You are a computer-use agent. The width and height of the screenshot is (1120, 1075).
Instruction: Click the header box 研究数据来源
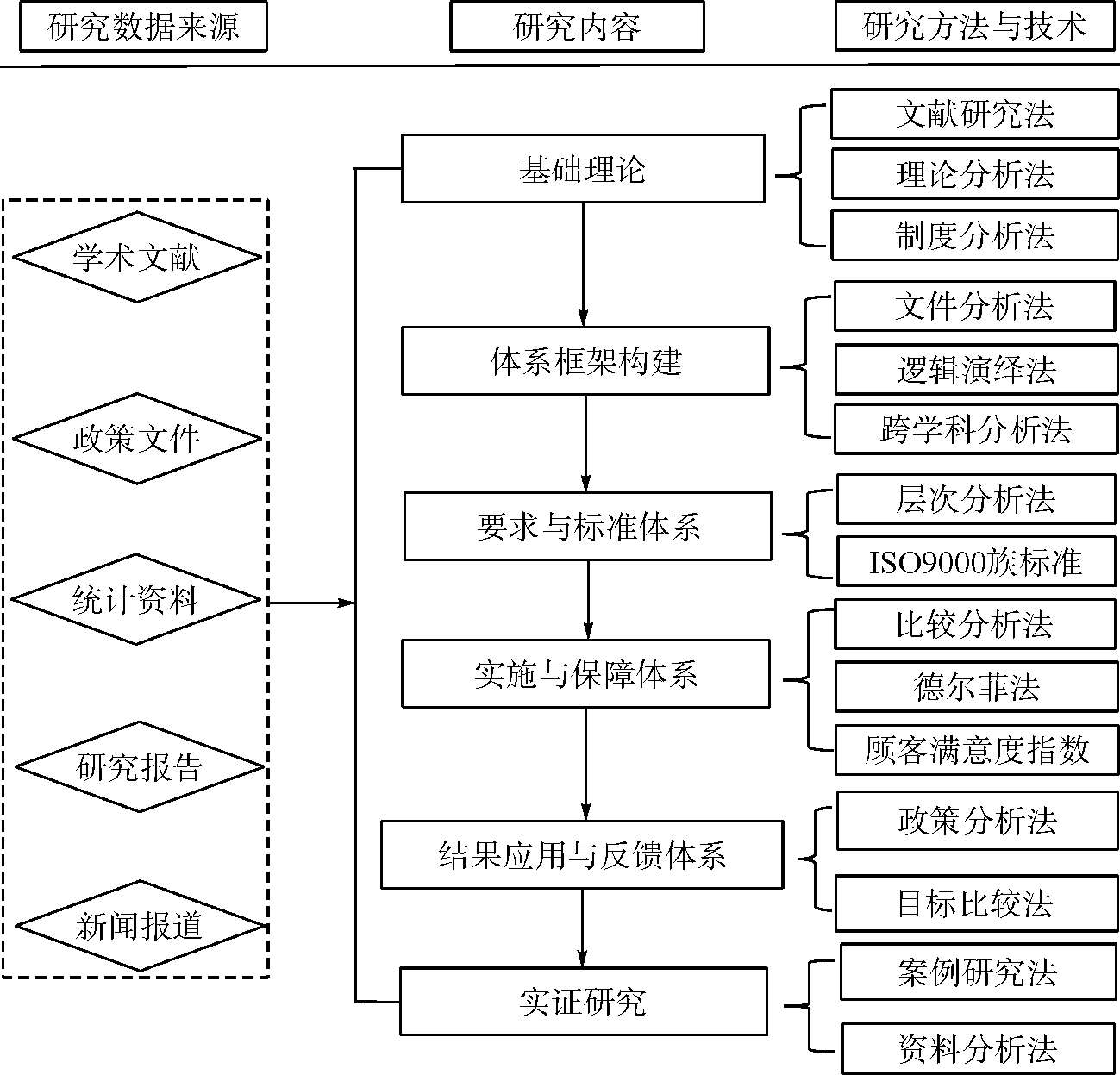(x=143, y=27)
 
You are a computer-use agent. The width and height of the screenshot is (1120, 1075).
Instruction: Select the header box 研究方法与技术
(x=975, y=27)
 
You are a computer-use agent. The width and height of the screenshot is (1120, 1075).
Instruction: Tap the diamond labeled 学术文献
(x=137, y=257)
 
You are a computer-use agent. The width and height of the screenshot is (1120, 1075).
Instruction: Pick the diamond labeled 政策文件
(x=137, y=439)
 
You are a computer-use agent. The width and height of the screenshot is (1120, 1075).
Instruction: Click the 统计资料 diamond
(x=136, y=599)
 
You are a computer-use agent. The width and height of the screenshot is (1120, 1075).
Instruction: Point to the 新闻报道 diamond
(x=140, y=926)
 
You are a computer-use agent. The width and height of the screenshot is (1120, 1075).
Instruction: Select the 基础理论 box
(x=583, y=169)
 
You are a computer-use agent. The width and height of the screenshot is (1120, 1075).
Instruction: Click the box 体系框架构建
(x=585, y=361)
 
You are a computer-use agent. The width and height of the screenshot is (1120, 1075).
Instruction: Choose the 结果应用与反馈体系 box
(x=582, y=854)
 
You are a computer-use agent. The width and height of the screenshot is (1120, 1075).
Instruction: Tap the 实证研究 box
(x=584, y=1002)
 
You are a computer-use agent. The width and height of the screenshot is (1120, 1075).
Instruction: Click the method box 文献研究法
(x=975, y=114)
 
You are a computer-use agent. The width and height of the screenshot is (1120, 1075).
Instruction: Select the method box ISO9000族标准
(x=976, y=562)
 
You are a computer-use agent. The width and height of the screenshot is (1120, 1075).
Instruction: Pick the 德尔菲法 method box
(x=976, y=686)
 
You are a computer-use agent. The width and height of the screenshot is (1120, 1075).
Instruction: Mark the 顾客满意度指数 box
(x=976, y=750)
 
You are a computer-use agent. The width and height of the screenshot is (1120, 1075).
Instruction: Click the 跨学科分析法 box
(x=976, y=428)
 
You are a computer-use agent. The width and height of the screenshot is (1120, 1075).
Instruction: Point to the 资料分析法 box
(x=978, y=1048)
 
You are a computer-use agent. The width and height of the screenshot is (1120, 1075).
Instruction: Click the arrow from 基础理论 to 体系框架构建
(x=583, y=265)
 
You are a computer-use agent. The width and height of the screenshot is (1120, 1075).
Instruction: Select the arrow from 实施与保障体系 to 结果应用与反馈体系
(x=586, y=765)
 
